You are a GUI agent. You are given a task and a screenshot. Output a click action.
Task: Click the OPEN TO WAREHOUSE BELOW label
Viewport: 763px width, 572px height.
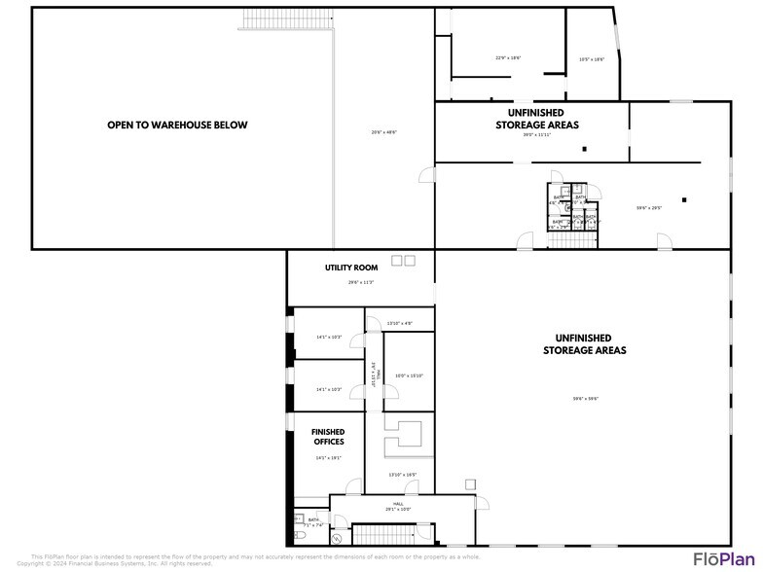tap(177, 125)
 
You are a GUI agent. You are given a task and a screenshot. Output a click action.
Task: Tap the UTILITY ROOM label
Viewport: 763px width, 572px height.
tap(351, 268)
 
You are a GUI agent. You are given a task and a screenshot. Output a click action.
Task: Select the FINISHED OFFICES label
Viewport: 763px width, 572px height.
tap(328, 437)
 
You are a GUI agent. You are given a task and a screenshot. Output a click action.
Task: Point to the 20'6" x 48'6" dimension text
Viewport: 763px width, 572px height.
tap(383, 132)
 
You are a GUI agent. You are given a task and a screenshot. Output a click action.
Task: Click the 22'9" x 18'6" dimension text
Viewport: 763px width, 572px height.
tap(508, 58)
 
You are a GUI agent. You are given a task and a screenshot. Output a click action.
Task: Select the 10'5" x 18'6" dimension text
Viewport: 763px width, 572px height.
tap(592, 59)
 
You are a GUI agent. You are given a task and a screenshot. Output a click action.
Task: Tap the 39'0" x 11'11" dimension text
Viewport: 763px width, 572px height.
tap(536, 135)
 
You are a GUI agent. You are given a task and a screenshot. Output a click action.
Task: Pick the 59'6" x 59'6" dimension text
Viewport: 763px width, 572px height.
tap(585, 398)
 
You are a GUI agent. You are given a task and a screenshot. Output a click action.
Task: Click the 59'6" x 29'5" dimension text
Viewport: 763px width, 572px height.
tap(649, 207)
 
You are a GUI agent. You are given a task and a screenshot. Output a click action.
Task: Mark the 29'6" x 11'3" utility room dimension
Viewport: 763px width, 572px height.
tap(361, 282)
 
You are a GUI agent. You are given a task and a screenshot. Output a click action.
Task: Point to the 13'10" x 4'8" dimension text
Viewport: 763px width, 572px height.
tap(399, 323)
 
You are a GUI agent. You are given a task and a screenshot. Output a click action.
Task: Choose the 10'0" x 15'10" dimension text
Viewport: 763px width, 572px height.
tap(409, 375)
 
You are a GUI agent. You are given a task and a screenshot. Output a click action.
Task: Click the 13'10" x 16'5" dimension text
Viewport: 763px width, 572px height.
tap(402, 475)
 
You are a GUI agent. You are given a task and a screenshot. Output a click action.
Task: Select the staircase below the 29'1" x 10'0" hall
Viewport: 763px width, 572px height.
tap(381, 534)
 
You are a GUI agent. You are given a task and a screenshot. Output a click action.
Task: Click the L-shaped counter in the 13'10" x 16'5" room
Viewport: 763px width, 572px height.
tap(408, 437)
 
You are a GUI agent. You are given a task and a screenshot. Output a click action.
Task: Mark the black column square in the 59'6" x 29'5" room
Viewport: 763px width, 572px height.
tap(684, 200)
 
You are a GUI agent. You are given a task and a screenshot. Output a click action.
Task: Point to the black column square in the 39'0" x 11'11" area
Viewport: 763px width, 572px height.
tap(585, 149)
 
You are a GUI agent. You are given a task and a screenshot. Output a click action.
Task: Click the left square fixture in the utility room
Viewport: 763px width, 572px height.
tap(396, 261)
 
